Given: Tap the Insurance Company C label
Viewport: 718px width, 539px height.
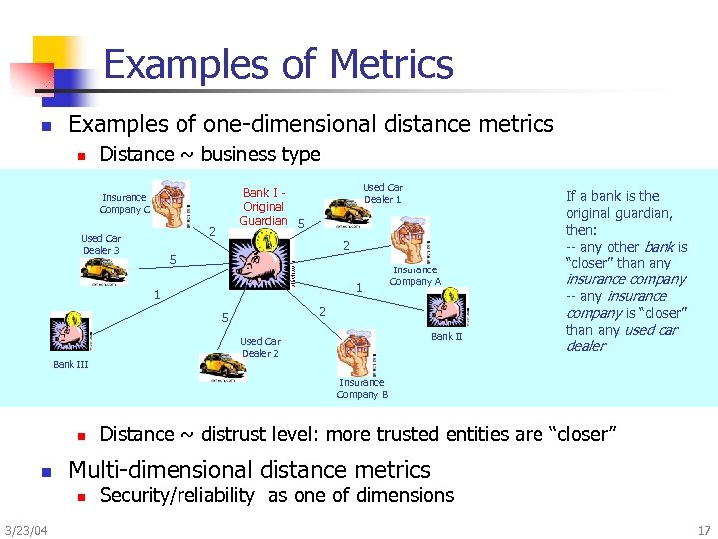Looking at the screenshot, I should (x=124, y=203).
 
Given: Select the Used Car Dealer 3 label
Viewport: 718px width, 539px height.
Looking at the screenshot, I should (x=101, y=245).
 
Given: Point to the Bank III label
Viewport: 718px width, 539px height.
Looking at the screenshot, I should (x=70, y=364).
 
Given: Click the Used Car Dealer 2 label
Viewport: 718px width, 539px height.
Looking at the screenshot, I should (x=260, y=347).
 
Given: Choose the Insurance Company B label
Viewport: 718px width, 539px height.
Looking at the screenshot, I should (x=361, y=388).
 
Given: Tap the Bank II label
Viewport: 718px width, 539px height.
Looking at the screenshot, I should (x=446, y=337).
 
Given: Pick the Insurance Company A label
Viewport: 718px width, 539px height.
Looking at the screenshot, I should (x=414, y=275).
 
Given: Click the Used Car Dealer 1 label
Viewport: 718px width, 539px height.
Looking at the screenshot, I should (x=382, y=193).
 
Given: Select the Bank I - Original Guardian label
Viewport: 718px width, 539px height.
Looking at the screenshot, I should (x=264, y=206).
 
